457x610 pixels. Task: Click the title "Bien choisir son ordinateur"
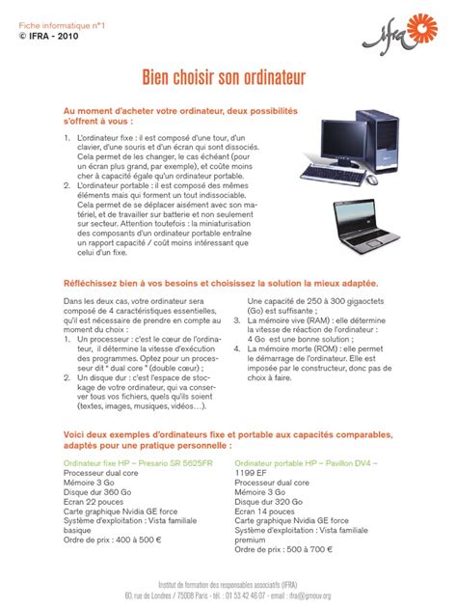click(228, 75)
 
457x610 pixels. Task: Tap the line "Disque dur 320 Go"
click(274, 500)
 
